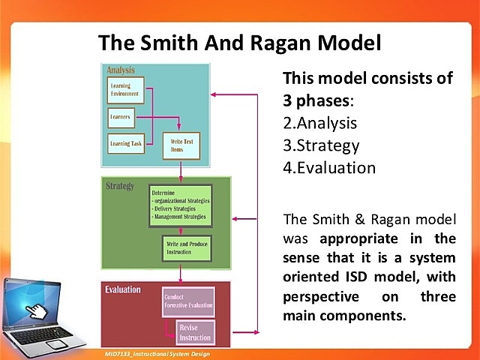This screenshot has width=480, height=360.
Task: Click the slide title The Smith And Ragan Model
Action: tap(240, 42)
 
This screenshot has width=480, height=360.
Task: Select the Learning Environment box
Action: tap(125, 92)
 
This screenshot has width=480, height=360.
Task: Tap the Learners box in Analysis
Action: tap(122, 117)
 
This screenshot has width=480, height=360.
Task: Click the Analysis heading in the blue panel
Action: tap(121, 70)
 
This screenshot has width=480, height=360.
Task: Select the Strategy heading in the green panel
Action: tap(120, 185)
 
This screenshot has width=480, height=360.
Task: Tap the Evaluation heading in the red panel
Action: tap(123, 289)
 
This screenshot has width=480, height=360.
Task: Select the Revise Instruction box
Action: tap(195, 332)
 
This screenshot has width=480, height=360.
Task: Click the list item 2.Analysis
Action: tap(319, 123)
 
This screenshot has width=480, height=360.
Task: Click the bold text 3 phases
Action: tap(317, 99)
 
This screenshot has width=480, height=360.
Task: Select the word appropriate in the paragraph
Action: tap(362, 240)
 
